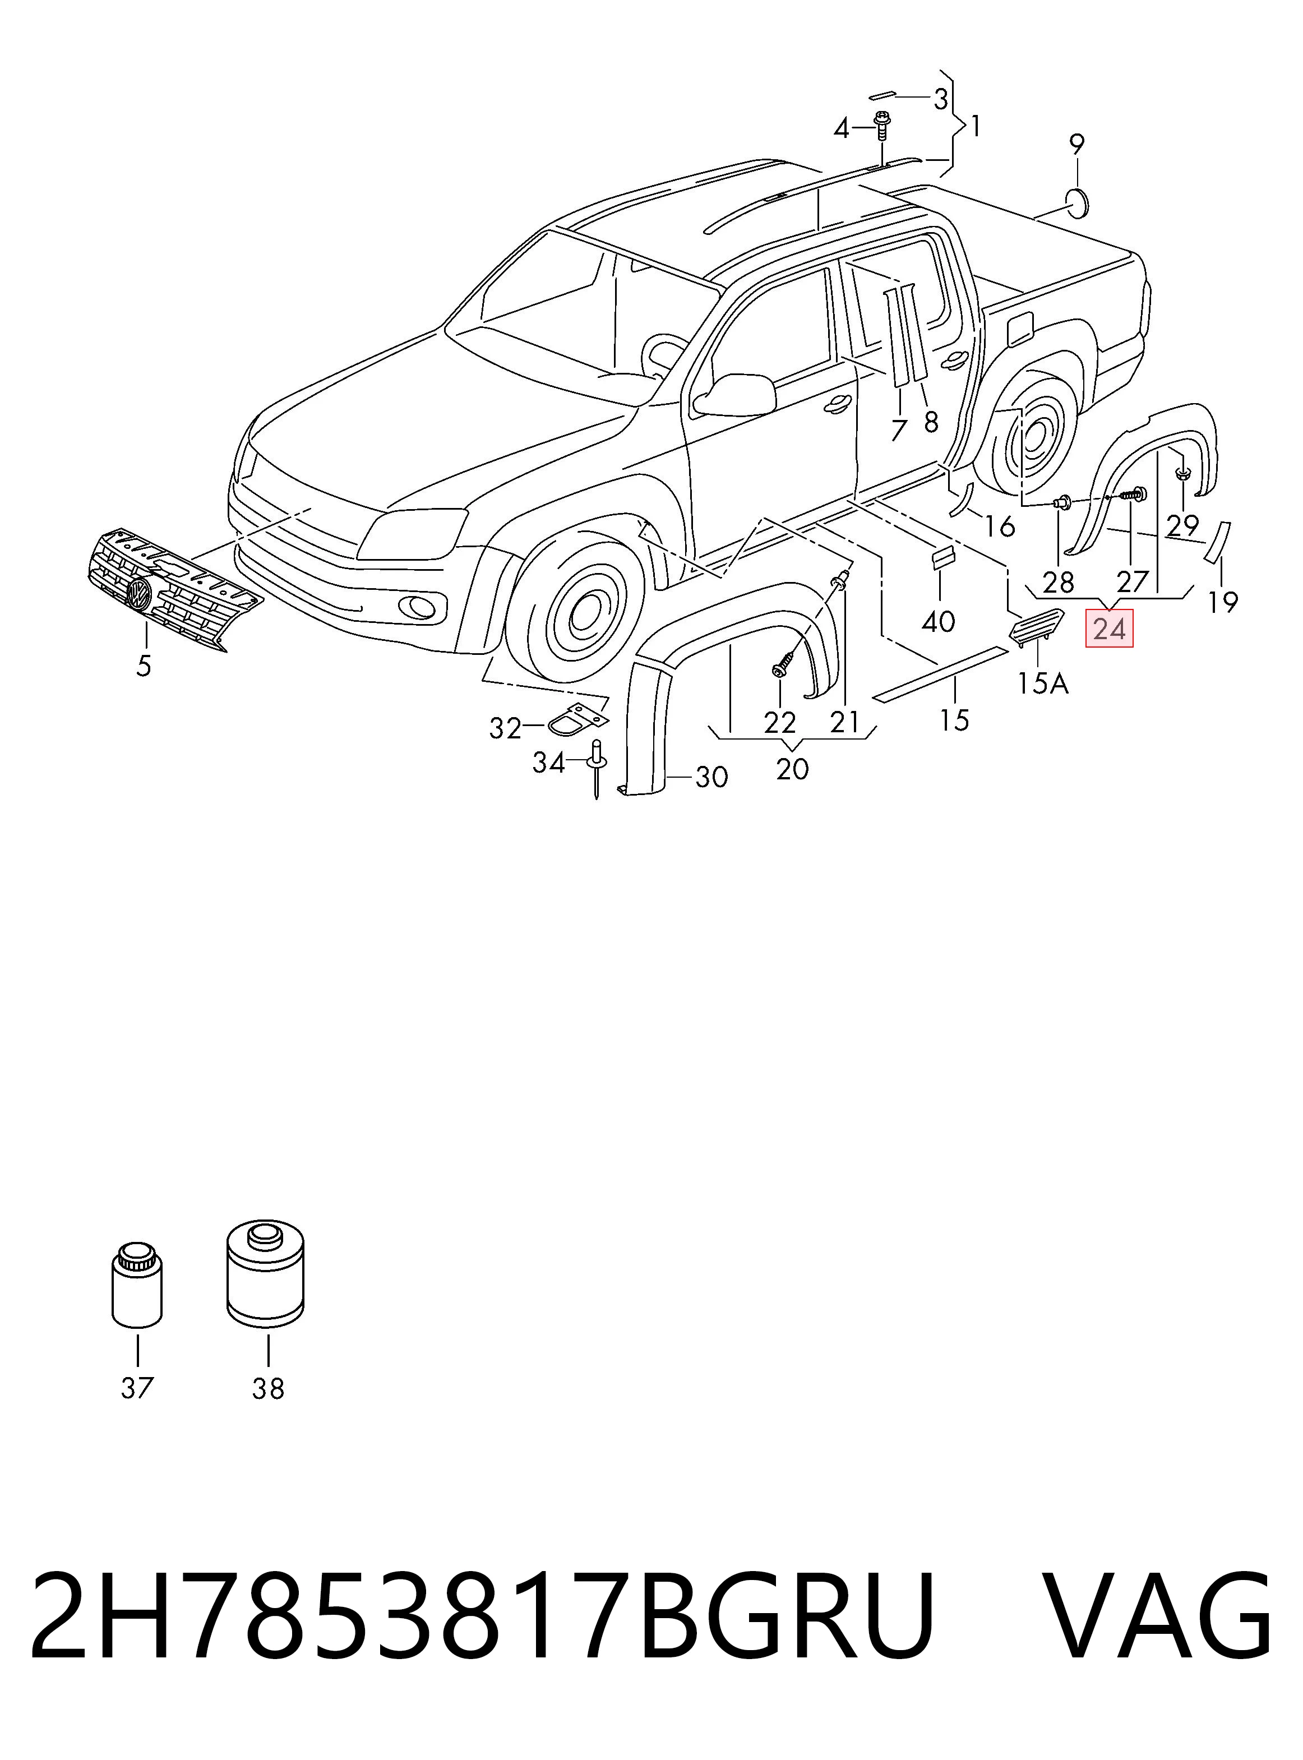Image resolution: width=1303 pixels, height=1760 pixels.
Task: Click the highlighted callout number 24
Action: (1109, 629)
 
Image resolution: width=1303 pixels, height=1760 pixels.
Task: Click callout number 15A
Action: (1043, 683)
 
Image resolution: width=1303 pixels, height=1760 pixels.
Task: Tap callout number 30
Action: (711, 778)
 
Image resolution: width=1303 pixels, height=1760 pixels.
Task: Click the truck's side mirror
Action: (733, 395)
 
